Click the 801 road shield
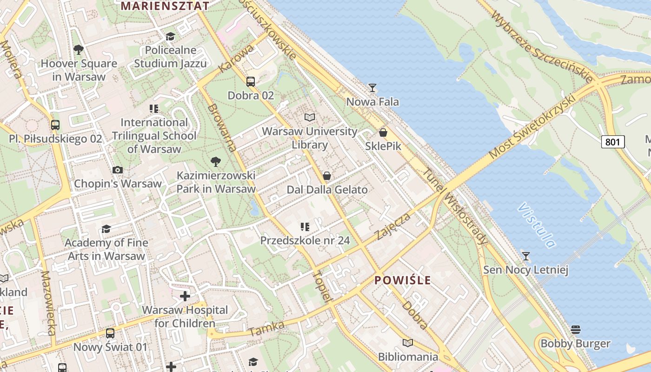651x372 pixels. tap(612, 142)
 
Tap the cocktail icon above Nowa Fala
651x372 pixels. tap(372, 87)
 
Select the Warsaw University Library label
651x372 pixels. tap(310, 138)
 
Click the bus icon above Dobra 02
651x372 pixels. tap(251, 82)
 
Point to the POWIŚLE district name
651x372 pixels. tap(403, 280)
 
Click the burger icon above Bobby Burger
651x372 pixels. tap(576, 330)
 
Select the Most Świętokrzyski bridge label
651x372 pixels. tap(532, 127)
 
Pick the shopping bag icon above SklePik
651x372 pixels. tap(383, 133)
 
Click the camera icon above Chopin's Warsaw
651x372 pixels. tap(118, 170)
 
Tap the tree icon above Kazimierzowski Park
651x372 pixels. tap(215, 162)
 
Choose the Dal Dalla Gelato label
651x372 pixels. tap(327, 190)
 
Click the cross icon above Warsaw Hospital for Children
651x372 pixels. tap(185, 296)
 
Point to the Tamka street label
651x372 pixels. tap(266, 329)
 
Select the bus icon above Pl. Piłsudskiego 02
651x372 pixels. tap(55, 125)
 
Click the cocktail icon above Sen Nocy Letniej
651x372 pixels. tap(526, 256)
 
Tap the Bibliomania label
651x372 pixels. tap(408, 357)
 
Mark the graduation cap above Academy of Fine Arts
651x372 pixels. tap(106, 229)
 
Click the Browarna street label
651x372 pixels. tap(222, 127)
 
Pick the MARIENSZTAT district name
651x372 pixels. tap(165, 6)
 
